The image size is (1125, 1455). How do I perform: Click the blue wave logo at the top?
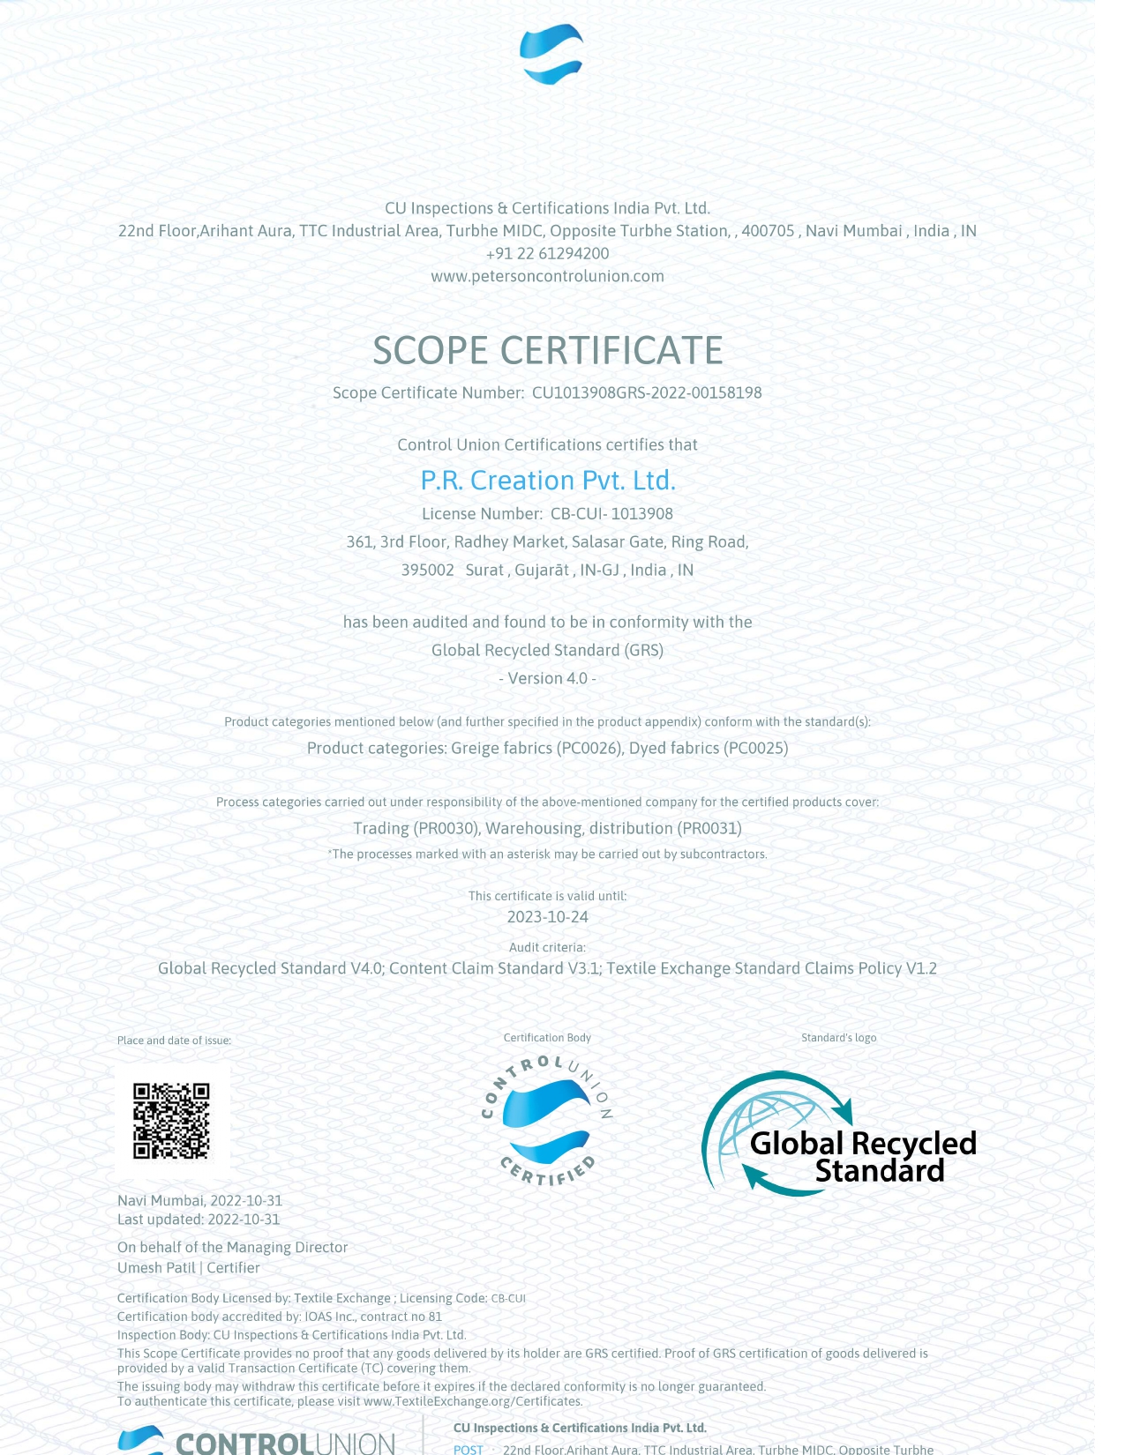[x=551, y=55]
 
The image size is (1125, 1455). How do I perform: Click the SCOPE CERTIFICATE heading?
[x=547, y=350]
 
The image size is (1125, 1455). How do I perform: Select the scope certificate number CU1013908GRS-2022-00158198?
[x=646, y=392]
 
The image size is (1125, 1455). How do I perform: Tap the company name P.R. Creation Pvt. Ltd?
[x=547, y=480]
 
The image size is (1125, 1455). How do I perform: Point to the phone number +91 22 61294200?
[x=547, y=253]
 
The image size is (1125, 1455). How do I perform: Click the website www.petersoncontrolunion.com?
[x=547, y=276]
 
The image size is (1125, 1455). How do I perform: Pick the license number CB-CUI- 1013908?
[x=611, y=513]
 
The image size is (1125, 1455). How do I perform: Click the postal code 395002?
[x=428, y=570]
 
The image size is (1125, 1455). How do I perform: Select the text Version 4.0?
[x=547, y=678]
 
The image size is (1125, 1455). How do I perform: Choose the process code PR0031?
[x=712, y=828]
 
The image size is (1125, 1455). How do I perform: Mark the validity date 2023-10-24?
[x=547, y=916]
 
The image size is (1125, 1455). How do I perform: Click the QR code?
[x=172, y=1121]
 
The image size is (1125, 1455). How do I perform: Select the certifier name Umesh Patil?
[x=156, y=1267]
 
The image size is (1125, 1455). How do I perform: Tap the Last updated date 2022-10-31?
[x=244, y=1220]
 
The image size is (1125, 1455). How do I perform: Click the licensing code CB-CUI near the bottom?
[x=508, y=1298]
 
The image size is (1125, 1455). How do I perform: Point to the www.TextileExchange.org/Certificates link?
[x=473, y=1401]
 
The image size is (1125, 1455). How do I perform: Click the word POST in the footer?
[x=469, y=1450]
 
